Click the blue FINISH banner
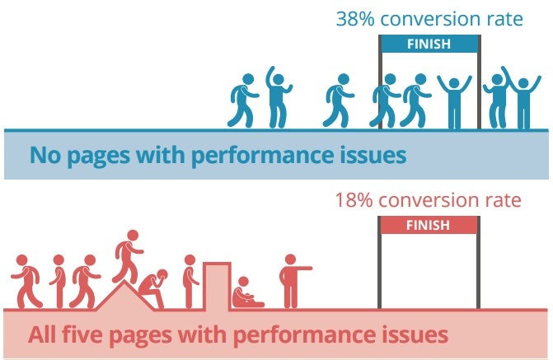tap(429, 44)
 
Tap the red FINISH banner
tap(429, 225)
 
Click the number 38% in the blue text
tap(355, 19)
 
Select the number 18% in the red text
tap(354, 200)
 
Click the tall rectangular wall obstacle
tap(217, 287)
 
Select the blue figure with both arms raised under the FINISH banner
tap(454, 102)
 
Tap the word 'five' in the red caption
tap(81, 334)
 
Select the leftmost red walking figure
tap(26, 281)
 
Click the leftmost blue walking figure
tap(243, 101)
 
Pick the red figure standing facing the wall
tap(190, 282)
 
